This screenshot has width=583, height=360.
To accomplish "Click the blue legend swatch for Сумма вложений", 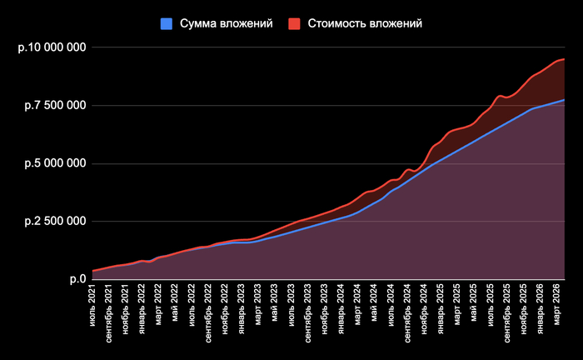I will pos(167,24).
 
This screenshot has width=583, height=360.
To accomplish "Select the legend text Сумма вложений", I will pos(227,24).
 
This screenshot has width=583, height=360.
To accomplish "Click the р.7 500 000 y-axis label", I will pos(54,105).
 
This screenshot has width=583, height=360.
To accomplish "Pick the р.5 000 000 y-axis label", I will pos(54,163).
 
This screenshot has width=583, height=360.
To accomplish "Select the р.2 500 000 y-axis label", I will pos(54,221).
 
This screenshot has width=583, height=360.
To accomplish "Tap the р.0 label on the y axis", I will pos(77,279).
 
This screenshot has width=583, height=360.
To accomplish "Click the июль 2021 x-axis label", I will pos(92,303).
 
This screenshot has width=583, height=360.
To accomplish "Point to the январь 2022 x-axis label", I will pos(142,307).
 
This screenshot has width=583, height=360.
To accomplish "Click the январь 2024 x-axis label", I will pos(341,307).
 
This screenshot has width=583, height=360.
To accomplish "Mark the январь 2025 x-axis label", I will pos(441,307).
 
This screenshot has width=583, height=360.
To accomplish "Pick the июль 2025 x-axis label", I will pos(490,303).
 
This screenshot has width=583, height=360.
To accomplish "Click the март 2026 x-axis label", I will pos(556,303).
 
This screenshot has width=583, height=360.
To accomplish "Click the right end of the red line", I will pos(565,59).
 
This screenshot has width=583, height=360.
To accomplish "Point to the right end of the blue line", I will pos(565,100).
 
